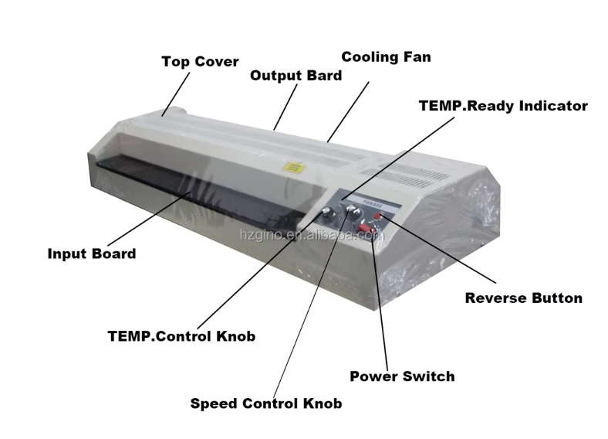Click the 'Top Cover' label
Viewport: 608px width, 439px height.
tap(200, 62)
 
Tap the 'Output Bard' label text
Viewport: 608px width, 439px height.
tap(296, 76)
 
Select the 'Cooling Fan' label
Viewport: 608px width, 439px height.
tap(386, 56)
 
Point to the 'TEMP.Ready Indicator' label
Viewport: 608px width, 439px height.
tap(503, 106)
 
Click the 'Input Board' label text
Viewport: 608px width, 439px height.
tap(92, 254)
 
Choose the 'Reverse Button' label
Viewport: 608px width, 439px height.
tap(523, 298)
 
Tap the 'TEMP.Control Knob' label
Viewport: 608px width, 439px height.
tap(181, 336)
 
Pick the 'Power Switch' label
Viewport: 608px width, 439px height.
tap(402, 376)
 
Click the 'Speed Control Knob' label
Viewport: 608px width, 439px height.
tap(266, 403)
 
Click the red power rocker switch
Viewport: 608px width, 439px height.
tap(365, 229)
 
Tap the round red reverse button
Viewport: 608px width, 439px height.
tap(377, 216)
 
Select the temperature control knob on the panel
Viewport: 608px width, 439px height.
tap(326, 211)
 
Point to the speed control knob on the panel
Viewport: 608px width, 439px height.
tap(353, 209)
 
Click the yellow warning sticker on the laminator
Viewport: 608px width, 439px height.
tap(294, 168)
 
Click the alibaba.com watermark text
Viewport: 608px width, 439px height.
tap(312, 235)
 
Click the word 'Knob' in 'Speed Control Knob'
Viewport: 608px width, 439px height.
tap(323, 403)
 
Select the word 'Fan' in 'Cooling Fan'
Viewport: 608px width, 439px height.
tap(417, 56)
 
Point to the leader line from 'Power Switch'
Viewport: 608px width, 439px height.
tap(380, 301)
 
